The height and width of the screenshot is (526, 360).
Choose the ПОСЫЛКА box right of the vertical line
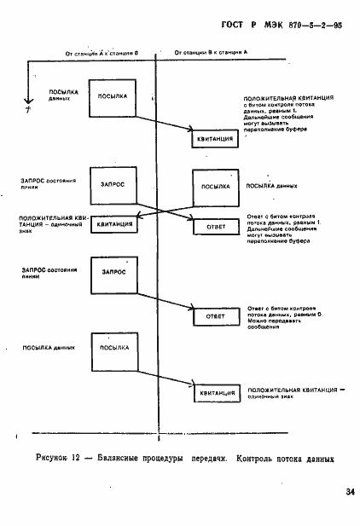215,186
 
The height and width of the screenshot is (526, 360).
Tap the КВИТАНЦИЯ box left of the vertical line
114,226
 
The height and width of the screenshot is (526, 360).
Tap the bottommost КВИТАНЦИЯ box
215,392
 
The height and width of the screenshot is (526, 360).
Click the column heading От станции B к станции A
211,53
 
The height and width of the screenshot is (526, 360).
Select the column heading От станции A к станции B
102,53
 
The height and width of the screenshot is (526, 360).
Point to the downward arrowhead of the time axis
29,107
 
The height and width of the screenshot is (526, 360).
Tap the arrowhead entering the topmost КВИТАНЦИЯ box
189,130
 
